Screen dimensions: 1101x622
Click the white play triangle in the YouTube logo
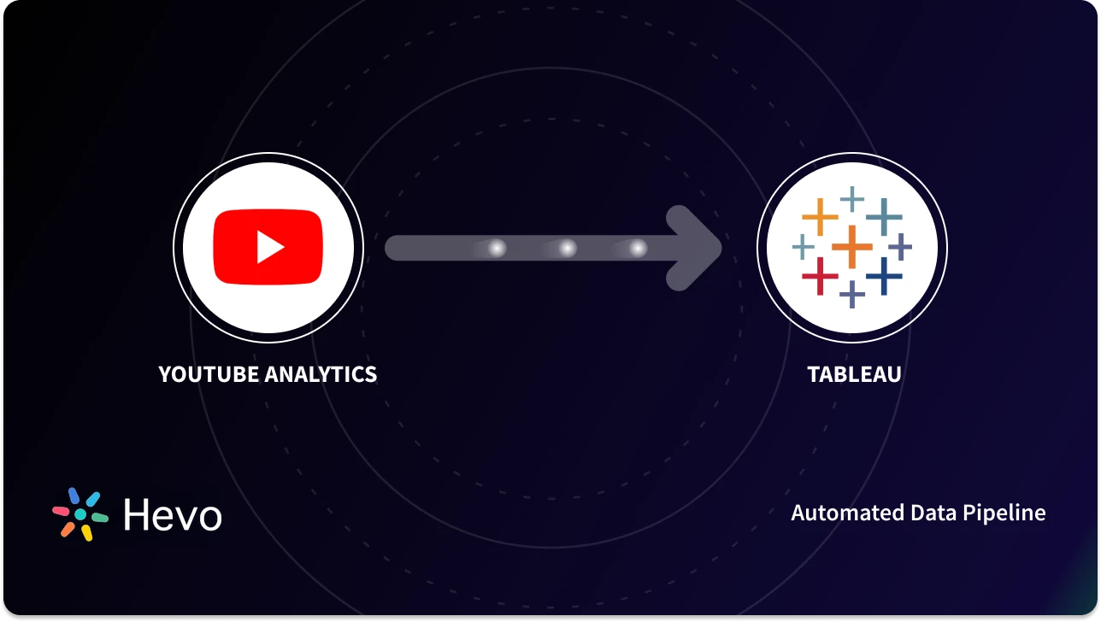tap(271, 248)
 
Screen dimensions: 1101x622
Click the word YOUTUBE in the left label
tap(209, 374)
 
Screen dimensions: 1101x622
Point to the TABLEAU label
tap(854, 374)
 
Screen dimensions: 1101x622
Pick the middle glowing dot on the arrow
tap(567, 248)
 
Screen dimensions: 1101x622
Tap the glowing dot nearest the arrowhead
tap(638, 248)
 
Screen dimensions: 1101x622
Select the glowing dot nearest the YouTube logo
tap(497, 248)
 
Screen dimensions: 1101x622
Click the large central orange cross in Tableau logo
tap(851, 247)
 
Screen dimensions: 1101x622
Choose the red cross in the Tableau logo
tap(820, 276)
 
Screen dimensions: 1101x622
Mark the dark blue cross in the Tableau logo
tap(884, 276)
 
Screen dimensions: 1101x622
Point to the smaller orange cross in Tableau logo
tap(820, 217)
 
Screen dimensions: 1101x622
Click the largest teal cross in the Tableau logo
tap(884, 217)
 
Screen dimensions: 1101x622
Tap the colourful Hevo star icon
tap(80, 514)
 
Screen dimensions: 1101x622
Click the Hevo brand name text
tap(172, 515)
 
